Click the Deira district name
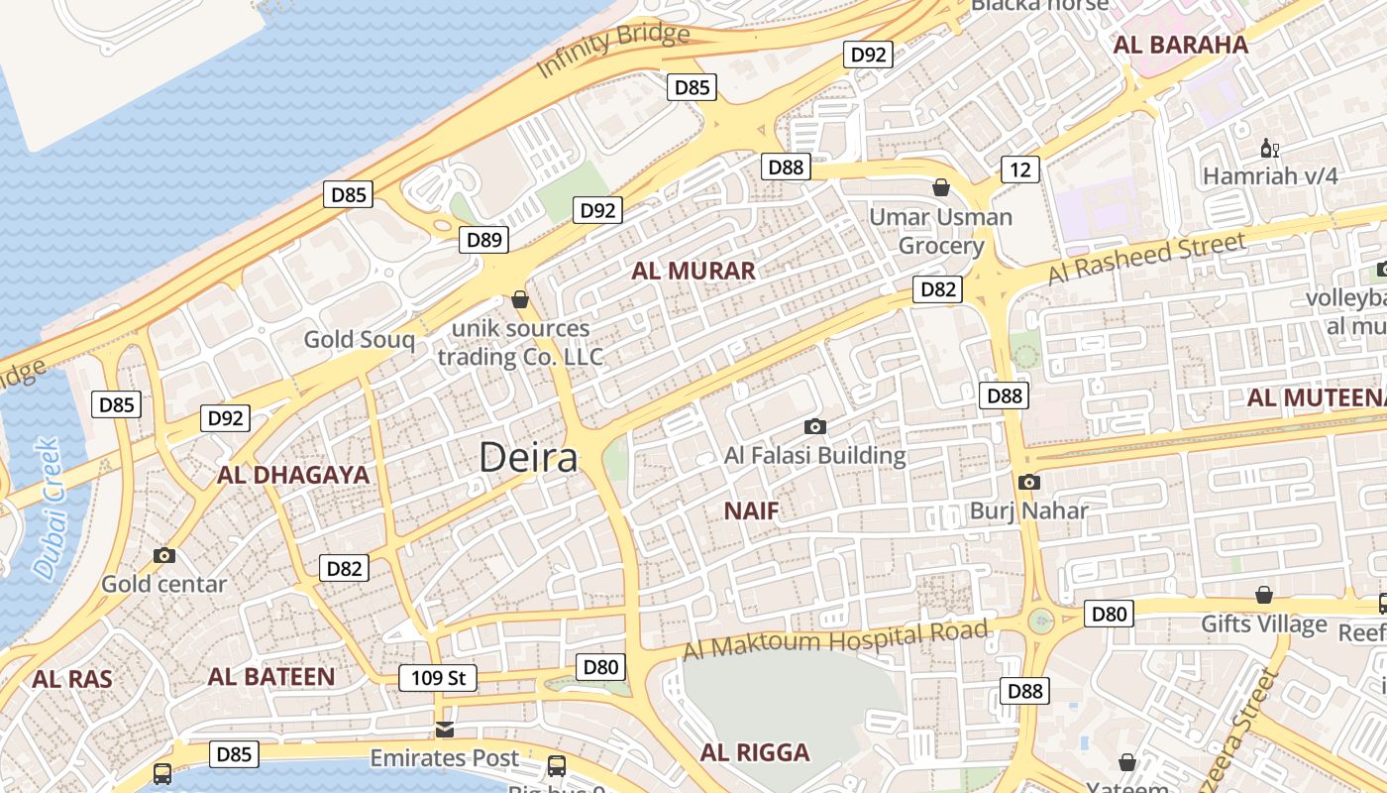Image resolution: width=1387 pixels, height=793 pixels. pos(528,458)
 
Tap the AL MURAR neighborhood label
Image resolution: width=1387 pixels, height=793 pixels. pos(693,271)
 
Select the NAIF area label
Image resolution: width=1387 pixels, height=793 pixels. pos(751,511)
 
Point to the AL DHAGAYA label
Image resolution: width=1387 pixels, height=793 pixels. pos(293,475)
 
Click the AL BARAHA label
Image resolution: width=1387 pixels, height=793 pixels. pos(1180,45)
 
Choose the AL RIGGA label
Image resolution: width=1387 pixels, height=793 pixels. pos(755,752)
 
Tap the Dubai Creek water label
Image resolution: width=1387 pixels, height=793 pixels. pos(47,509)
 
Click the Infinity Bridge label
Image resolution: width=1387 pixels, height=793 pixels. pos(612,51)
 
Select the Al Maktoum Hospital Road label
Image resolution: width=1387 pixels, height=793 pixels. pos(836,639)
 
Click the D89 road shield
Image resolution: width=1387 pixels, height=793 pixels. pos(484,239)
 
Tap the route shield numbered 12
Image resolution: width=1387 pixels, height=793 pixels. pos(1020,170)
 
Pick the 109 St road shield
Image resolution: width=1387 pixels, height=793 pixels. pos(438,678)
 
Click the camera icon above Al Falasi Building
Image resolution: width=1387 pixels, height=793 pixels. pos(815,426)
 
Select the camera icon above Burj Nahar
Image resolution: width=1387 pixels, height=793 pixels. pos(1029,482)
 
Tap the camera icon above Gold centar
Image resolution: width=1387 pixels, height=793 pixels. pos(164,555)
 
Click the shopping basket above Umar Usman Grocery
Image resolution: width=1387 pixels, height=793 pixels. pos(941,186)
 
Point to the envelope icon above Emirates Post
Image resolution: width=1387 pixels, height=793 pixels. pos(445,730)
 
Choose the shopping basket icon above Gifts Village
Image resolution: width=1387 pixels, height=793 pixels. pos(1264,595)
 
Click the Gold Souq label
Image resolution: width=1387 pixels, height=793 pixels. pos(359,340)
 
